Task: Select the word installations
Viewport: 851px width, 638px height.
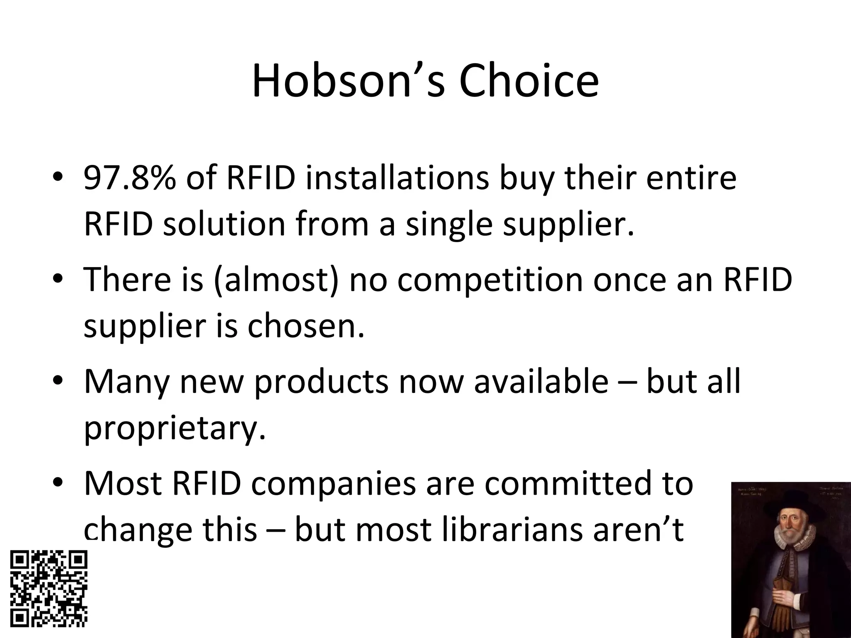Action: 397,178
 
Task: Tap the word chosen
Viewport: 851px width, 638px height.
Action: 306,326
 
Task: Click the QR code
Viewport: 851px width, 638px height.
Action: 49,589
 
